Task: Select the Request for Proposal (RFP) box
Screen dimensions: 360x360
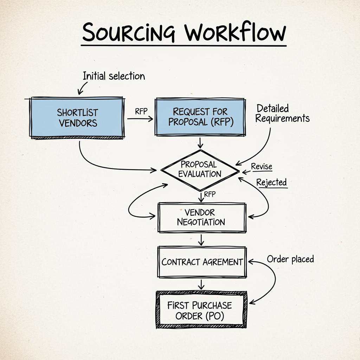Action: pos(200,117)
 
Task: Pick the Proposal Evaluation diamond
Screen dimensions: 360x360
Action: pos(200,169)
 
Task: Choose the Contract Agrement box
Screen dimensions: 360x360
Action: pos(202,262)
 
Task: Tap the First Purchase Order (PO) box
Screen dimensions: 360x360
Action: pos(201,310)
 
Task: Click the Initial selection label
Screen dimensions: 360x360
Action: pos(114,76)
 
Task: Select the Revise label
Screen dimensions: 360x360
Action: pos(262,167)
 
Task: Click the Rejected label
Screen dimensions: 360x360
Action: pos(271,182)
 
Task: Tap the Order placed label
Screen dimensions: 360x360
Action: pos(290,259)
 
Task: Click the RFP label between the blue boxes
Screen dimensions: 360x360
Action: pos(141,111)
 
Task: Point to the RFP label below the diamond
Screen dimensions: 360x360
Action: pos(210,194)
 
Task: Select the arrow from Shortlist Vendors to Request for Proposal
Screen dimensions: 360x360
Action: pos(140,119)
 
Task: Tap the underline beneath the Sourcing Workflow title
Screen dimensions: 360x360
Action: pos(184,45)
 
